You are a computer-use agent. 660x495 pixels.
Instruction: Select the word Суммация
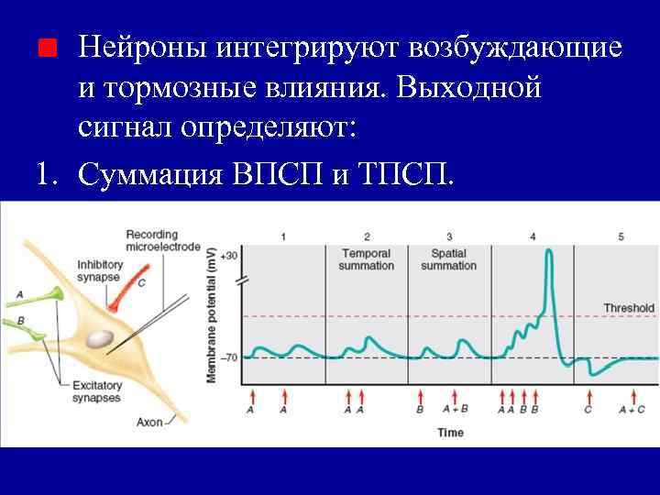[x=150, y=173]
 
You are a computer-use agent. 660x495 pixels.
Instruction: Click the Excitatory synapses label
[x=96, y=391]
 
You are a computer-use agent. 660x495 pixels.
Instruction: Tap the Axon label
[x=150, y=423]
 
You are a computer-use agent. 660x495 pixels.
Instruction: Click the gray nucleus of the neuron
[x=100, y=339]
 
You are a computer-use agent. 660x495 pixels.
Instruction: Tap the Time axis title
[x=450, y=432]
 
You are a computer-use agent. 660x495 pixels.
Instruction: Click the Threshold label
[x=629, y=308]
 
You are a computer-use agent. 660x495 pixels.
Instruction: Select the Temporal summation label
[x=367, y=259]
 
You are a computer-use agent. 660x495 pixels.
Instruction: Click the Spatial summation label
[x=448, y=259]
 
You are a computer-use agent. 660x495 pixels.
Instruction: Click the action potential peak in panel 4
[x=549, y=250]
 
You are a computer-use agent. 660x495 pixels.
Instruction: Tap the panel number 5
[x=621, y=237]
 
